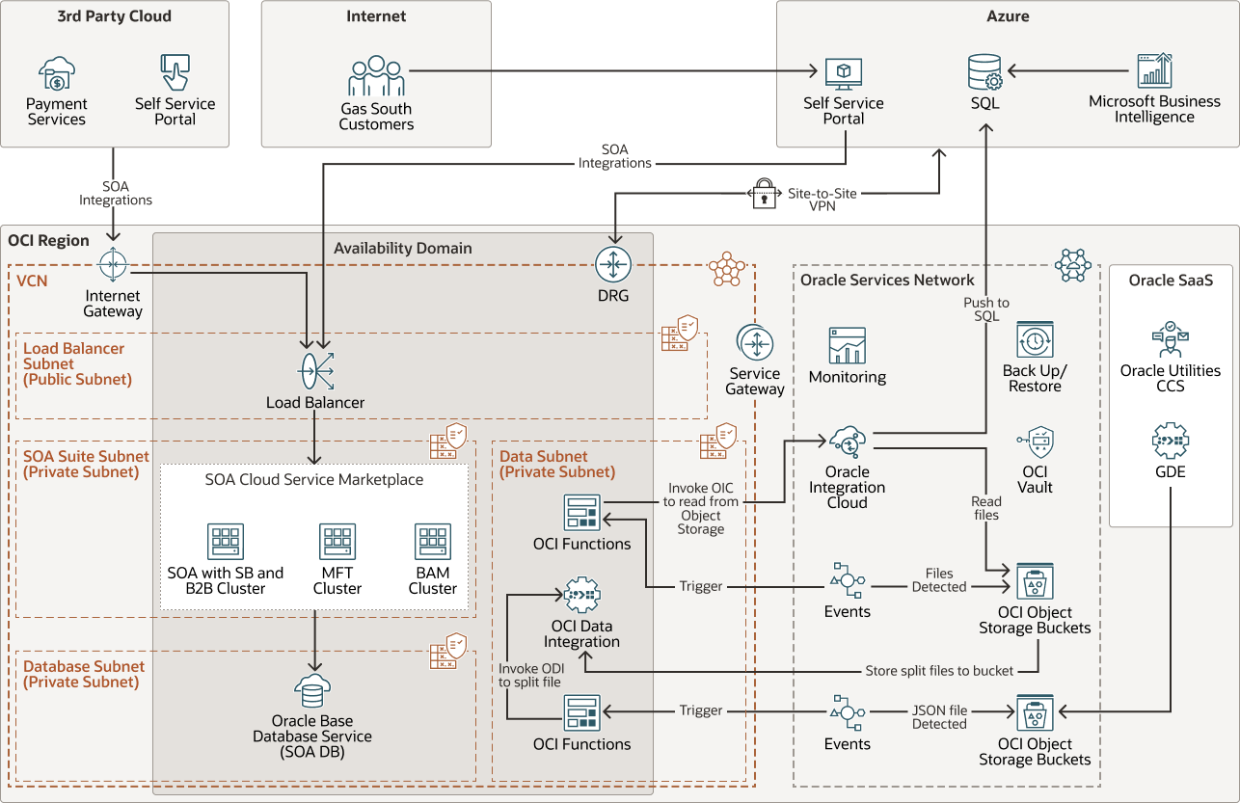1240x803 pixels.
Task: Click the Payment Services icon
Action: coord(56,73)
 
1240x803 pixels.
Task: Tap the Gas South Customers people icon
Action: coord(376,76)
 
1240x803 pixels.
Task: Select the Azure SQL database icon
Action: coord(984,72)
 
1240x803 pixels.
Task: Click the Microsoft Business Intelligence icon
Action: coord(1154,70)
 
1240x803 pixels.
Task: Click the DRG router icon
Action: coord(612,264)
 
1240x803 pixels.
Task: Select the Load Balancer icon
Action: coord(315,370)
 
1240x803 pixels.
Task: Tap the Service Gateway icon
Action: coord(754,343)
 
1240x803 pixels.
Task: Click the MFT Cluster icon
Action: coord(337,542)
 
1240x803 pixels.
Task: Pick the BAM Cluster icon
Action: coord(433,542)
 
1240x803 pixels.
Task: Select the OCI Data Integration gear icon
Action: coord(581,596)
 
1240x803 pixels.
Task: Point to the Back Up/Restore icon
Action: coord(1035,340)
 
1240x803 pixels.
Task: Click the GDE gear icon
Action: coord(1171,442)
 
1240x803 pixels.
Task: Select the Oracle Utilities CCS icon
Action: coord(1171,340)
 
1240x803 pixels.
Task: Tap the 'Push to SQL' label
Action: coord(986,309)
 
